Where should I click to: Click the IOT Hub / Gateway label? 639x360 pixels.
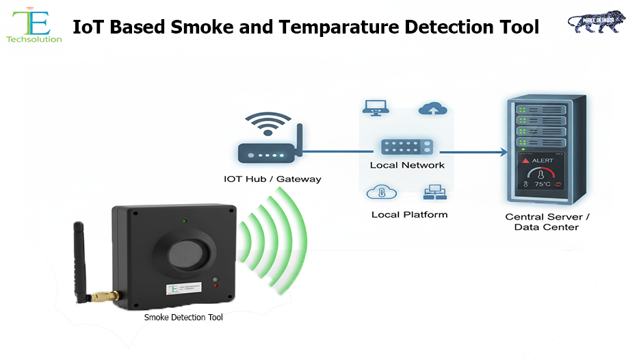[272, 179]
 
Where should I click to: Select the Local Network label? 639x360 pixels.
[407, 165]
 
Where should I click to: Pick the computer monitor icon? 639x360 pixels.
[376, 108]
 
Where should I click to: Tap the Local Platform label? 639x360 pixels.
[409, 214]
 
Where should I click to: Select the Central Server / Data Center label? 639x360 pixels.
[547, 222]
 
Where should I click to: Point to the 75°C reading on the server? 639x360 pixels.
[545, 184]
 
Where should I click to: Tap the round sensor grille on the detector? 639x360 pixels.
[187, 254]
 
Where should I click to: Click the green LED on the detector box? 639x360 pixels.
[184, 222]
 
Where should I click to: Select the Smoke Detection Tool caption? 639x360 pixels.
[183, 318]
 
